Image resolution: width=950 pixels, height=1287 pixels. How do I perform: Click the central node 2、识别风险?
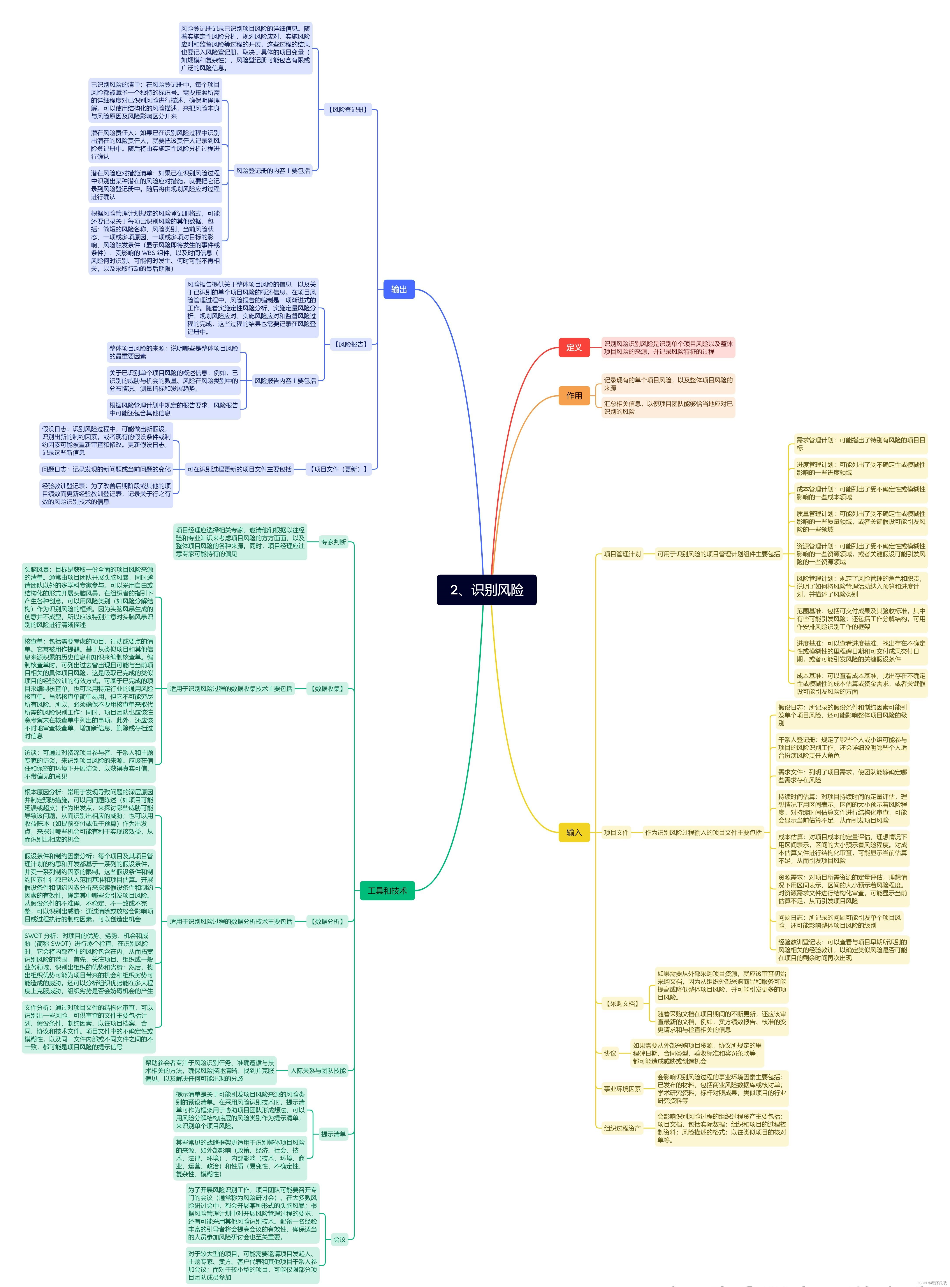487,590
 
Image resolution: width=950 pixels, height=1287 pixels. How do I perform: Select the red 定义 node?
574,348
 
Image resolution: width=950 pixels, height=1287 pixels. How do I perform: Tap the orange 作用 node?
574,396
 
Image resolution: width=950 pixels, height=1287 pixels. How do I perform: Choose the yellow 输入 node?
574,833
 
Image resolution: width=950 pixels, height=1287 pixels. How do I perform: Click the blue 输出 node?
399,289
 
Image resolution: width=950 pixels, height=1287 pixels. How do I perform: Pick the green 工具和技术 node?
387,891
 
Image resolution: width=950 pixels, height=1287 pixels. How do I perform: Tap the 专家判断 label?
334,542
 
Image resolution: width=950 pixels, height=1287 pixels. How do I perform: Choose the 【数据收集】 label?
327,689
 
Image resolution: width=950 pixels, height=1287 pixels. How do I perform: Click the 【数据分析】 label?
327,922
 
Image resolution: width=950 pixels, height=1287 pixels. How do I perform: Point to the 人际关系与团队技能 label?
318,1071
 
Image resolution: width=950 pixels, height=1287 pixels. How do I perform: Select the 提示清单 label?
334,1134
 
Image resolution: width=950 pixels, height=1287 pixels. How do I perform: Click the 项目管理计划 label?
622,554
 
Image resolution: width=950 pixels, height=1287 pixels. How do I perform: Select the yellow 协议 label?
610,1054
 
